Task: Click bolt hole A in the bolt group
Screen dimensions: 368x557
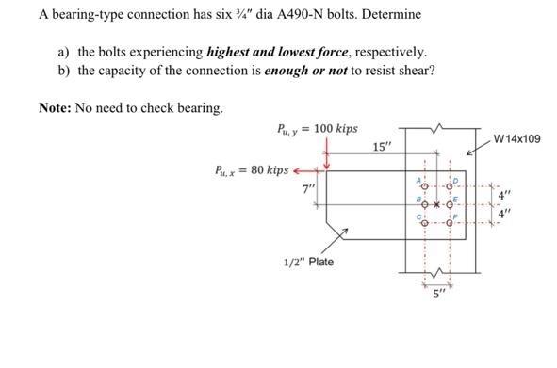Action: [x=425, y=185]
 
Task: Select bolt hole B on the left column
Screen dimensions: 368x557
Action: [x=425, y=204]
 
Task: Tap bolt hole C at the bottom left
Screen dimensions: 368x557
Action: [x=425, y=224]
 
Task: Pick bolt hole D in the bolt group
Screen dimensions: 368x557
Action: [x=450, y=185]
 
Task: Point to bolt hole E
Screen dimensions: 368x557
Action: [x=450, y=204]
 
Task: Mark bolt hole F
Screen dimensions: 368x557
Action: [x=450, y=224]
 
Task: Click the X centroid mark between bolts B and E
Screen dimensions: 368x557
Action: [x=437, y=204]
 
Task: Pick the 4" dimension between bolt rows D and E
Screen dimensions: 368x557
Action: [x=506, y=196]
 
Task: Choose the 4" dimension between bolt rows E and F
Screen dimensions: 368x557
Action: [x=506, y=214]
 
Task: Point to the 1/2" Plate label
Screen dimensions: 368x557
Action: [x=308, y=261]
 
